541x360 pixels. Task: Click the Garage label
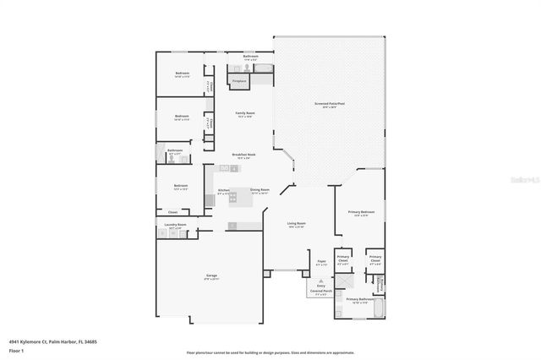tap(212, 276)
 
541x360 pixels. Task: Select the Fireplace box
tap(238, 82)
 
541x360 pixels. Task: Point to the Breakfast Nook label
tap(244, 155)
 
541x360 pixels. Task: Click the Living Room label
tap(296, 225)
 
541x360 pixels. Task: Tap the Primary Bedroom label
tap(361, 213)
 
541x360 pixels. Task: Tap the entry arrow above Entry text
tap(320, 281)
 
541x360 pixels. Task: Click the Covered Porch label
tap(322, 292)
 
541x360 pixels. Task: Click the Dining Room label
tap(260, 191)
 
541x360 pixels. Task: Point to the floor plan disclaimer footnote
tap(270, 352)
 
